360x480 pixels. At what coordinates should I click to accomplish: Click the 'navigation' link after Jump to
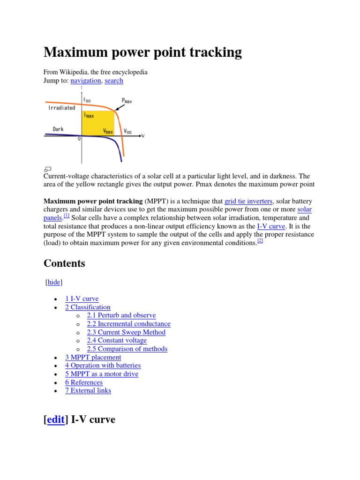pyautogui.click(x=85, y=81)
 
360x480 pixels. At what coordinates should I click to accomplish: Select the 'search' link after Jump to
pyautogui.click(x=114, y=81)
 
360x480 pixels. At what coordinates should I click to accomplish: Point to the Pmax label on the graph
pyautogui.click(x=127, y=100)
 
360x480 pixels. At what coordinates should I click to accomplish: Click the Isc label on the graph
pyautogui.click(x=88, y=99)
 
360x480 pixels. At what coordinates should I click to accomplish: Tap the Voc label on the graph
pyautogui.click(x=128, y=131)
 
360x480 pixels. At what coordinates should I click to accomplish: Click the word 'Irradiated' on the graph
pyautogui.click(x=61, y=108)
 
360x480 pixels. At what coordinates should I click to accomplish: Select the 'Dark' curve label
pyautogui.click(x=58, y=128)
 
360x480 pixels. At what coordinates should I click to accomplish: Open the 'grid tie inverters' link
pyautogui.click(x=248, y=201)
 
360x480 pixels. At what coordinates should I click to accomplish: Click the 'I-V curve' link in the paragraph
pyautogui.click(x=271, y=226)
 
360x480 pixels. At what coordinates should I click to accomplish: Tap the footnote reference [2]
pyautogui.click(x=260, y=241)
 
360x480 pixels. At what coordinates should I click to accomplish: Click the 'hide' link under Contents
pyautogui.click(x=54, y=282)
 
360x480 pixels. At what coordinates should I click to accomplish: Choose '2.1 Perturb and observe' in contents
pyautogui.click(x=121, y=315)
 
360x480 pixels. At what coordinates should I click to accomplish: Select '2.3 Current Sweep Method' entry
pyautogui.click(x=126, y=332)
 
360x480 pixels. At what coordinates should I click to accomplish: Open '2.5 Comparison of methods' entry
pyautogui.click(x=127, y=349)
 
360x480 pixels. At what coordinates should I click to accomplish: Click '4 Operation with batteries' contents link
pyautogui.click(x=103, y=365)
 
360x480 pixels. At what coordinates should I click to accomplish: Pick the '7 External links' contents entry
pyautogui.click(x=88, y=390)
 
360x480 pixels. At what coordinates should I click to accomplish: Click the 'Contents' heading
pyautogui.click(x=64, y=263)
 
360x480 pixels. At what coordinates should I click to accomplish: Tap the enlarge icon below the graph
pyautogui.click(x=48, y=169)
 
